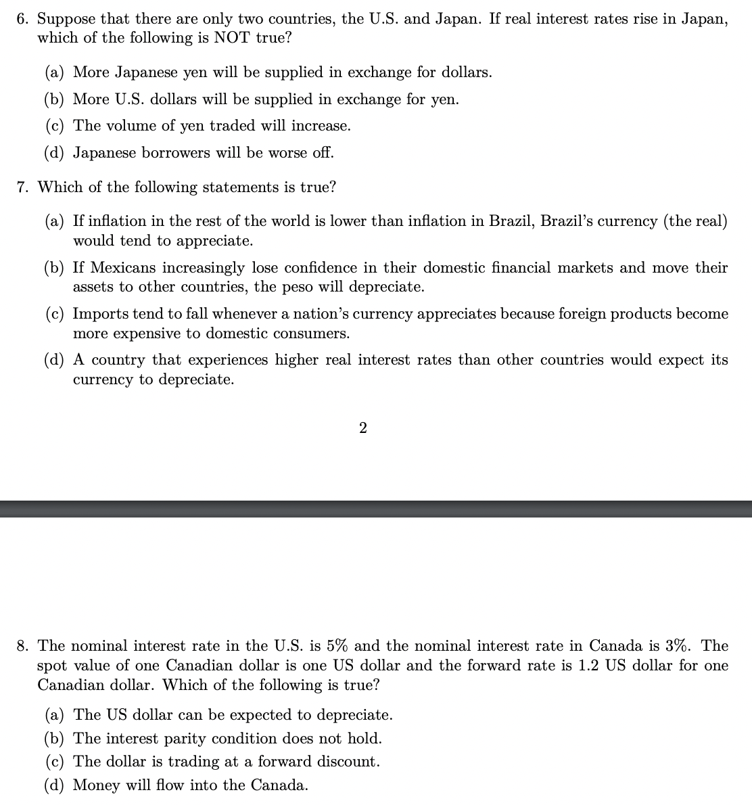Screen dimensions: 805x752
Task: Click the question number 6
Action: tap(22, 19)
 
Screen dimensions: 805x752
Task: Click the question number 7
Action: tap(22, 187)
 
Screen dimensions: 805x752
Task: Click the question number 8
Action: tap(22, 646)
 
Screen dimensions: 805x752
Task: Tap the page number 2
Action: tap(363, 428)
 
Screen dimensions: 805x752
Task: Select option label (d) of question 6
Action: tap(55, 153)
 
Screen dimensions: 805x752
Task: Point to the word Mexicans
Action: tap(123, 268)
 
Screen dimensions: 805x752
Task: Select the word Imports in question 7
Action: tap(100, 314)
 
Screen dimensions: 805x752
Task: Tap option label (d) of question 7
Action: tap(55, 361)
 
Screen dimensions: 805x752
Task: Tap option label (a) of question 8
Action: tap(55, 715)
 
